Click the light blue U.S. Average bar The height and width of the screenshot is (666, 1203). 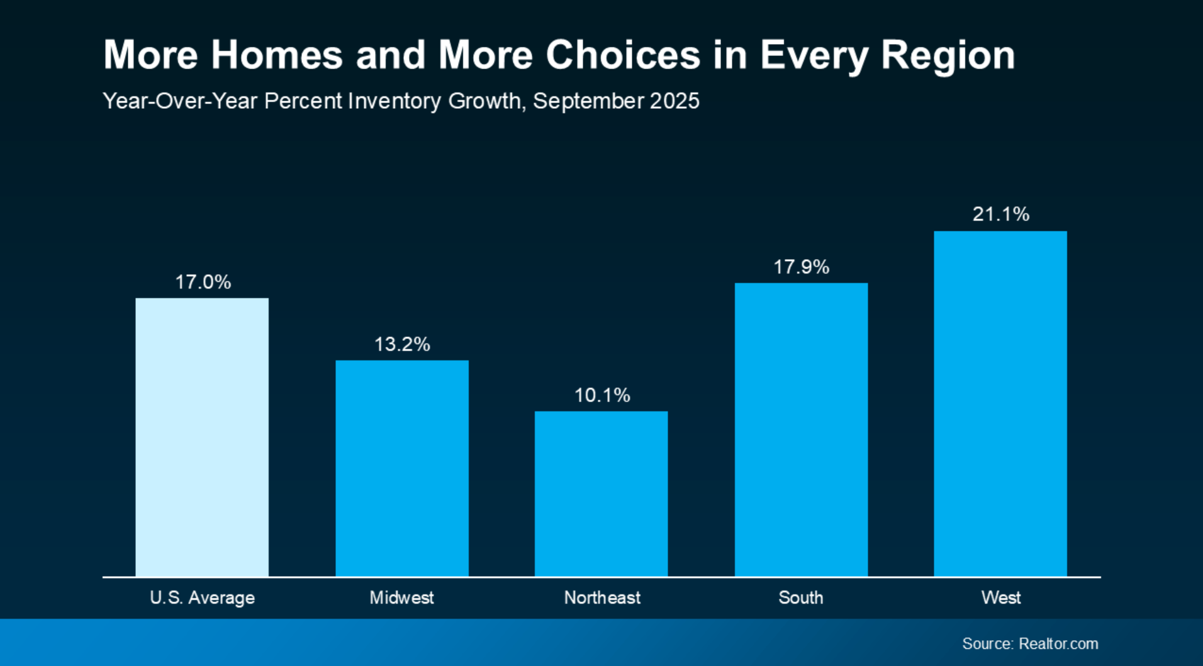[x=202, y=437]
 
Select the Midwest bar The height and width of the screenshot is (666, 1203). [x=402, y=468]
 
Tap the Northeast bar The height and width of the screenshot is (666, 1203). [x=601, y=494]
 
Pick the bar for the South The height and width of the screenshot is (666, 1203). [x=801, y=430]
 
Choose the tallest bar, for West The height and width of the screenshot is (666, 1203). [x=1000, y=403]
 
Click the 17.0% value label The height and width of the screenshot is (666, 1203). [x=203, y=282]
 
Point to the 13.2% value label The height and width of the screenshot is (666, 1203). [x=402, y=345]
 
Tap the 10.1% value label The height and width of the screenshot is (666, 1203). [x=602, y=396]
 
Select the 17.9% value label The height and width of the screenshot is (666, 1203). [x=801, y=267]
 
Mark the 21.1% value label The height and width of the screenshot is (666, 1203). [x=1001, y=214]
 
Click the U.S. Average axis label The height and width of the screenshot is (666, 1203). [x=202, y=597]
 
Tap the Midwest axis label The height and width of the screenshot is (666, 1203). [x=401, y=597]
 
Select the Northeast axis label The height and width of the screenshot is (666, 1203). [x=602, y=597]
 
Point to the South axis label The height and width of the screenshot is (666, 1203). [x=801, y=597]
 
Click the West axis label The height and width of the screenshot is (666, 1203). [x=1001, y=597]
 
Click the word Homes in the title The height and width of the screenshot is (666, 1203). [x=277, y=55]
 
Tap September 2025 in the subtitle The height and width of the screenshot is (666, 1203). [x=616, y=101]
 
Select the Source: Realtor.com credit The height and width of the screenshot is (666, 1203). [x=1030, y=643]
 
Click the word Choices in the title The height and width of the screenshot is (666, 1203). [x=622, y=55]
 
